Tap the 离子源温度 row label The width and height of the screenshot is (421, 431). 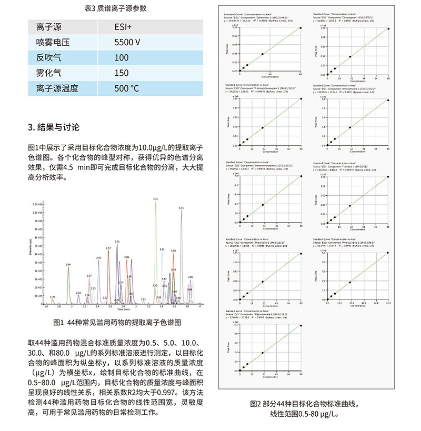tap(57, 88)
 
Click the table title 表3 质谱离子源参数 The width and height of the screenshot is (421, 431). tap(115, 8)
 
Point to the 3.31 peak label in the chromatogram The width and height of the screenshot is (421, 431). tap(155, 199)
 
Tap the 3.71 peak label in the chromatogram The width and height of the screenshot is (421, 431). tap(181, 208)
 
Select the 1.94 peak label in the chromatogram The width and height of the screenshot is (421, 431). tap(68, 264)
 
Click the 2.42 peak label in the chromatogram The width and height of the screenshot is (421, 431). tap(98, 258)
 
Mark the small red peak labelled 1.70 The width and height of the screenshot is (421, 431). tap(53, 297)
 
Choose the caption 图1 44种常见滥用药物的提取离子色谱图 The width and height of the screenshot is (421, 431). tap(117, 322)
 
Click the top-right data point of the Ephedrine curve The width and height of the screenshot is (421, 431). tap(300, 28)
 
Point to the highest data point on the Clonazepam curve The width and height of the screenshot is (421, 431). tap(388, 29)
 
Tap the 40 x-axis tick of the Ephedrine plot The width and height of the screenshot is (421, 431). tap(270, 74)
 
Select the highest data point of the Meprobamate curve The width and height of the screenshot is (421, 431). tap(301, 326)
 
